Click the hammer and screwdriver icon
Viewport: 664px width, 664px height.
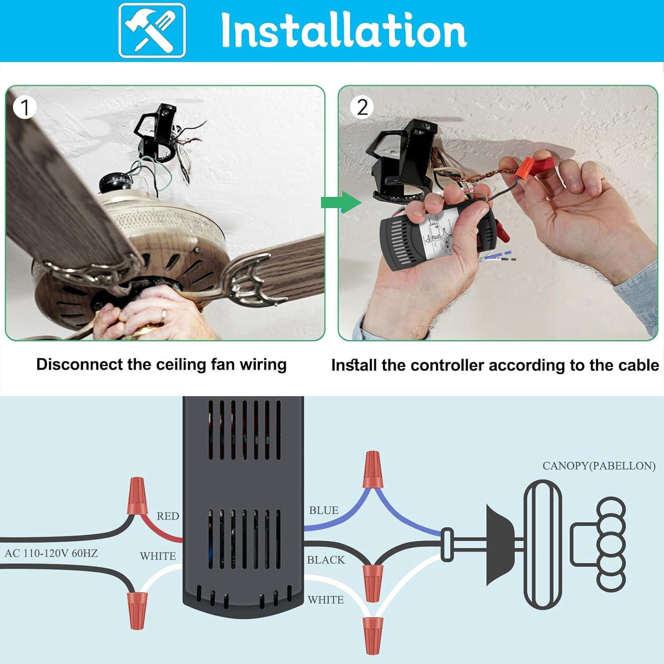152,30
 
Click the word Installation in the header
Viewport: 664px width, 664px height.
343,30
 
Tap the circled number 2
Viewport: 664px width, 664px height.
362,107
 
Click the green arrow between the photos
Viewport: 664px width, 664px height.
341,203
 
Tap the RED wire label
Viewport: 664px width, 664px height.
168,516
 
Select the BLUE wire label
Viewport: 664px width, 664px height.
324,510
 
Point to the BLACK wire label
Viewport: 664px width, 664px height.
326,560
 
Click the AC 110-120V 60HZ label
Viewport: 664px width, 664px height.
51,553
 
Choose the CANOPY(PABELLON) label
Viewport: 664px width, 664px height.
599,466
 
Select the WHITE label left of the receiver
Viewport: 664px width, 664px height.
158,556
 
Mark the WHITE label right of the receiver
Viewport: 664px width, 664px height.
326,600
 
